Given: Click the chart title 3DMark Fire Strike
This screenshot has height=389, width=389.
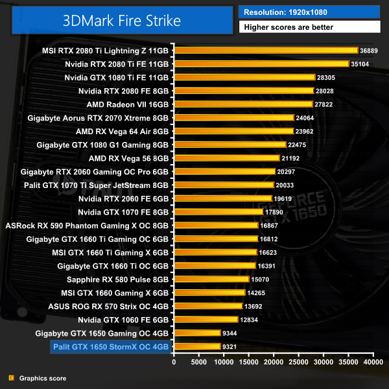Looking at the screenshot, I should click(x=122, y=20).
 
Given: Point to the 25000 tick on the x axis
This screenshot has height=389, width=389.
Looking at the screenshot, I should click(x=299, y=362).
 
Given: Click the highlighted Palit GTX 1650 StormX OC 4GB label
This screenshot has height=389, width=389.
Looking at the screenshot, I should click(x=111, y=347).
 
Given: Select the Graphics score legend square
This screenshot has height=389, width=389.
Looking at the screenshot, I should click(x=11, y=378).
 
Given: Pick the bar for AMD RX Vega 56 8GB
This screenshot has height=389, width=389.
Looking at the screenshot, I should click(x=227, y=158).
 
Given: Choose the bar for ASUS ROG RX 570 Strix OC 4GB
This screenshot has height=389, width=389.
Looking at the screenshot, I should click(x=208, y=306).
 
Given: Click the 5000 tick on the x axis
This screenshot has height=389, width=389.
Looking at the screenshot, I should click(x=199, y=362).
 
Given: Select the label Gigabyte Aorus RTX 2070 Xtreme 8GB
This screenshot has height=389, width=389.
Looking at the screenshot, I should click(x=98, y=118).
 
